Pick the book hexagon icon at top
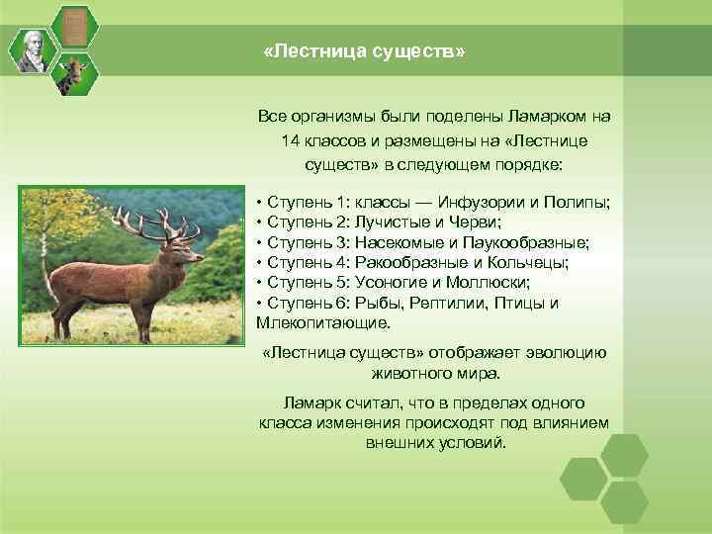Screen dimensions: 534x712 click(x=71, y=26)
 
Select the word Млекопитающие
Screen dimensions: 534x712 click(x=322, y=322)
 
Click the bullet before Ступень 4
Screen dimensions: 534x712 click(x=258, y=263)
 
